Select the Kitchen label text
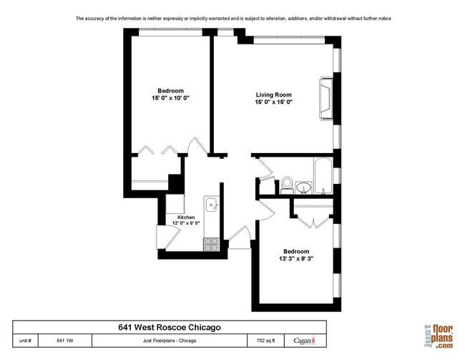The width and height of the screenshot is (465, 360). pos(177,217)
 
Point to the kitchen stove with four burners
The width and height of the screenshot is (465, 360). pos(211,244)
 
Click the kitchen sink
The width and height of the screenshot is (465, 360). pos(212,206)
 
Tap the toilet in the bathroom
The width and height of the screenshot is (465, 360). pos(286,185)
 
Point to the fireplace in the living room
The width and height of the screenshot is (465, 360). pos(328,98)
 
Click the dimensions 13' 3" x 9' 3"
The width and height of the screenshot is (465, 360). pos(296,258)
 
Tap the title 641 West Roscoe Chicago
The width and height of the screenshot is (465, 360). pos(169,327)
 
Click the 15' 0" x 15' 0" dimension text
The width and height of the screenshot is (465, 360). pos(274,102)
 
